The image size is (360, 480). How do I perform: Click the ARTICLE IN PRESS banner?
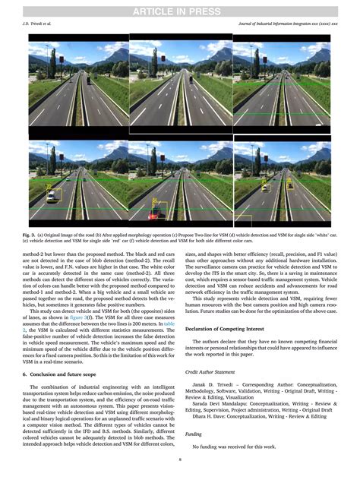point(180,9)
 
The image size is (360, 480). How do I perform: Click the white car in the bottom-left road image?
point(52,195)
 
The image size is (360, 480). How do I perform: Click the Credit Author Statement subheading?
point(214,372)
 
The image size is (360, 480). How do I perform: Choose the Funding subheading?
point(194,434)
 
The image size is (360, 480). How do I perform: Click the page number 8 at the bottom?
point(180,459)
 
